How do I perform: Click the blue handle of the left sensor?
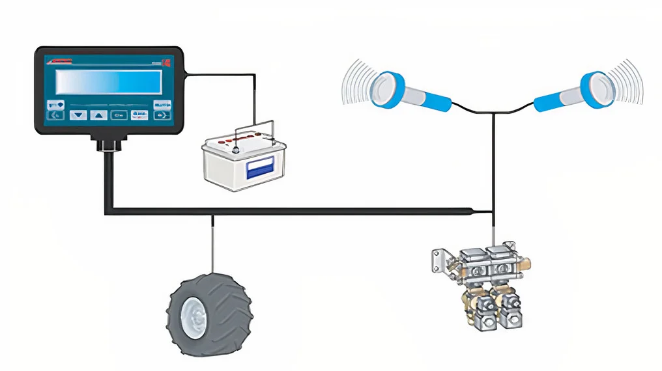click(x=430, y=99)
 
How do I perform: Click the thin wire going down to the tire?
click(x=212, y=247)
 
